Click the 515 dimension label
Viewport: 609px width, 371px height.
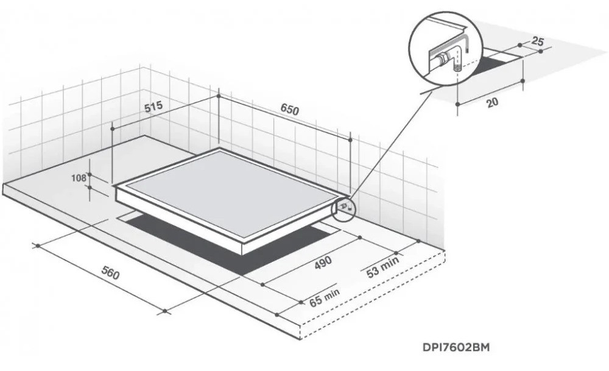point(153,107)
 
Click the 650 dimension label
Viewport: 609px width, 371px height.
point(290,110)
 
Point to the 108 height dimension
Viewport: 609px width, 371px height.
point(79,178)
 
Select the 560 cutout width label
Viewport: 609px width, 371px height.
point(110,274)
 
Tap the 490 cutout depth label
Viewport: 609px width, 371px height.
point(323,262)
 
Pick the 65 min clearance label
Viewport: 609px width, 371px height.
point(325,297)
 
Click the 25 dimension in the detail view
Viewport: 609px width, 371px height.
point(537,41)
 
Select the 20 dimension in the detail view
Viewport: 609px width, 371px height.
point(491,102)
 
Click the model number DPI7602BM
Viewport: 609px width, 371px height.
point(456,347)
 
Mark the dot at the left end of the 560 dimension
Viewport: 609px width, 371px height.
point(38,246)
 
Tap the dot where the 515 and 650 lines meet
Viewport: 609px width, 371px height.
point(218,96)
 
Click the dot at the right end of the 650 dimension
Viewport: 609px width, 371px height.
point(350,140)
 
